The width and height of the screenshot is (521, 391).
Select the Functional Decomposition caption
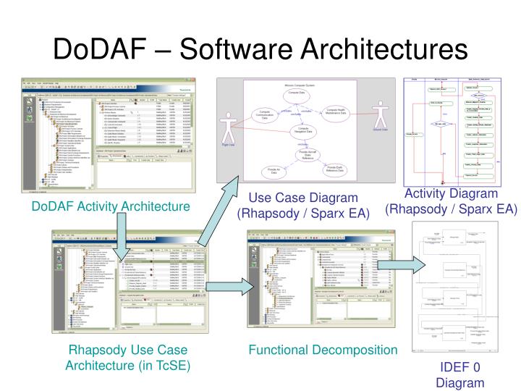click(x=323, y=350)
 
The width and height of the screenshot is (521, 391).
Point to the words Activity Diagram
click(x=451, y=193)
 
